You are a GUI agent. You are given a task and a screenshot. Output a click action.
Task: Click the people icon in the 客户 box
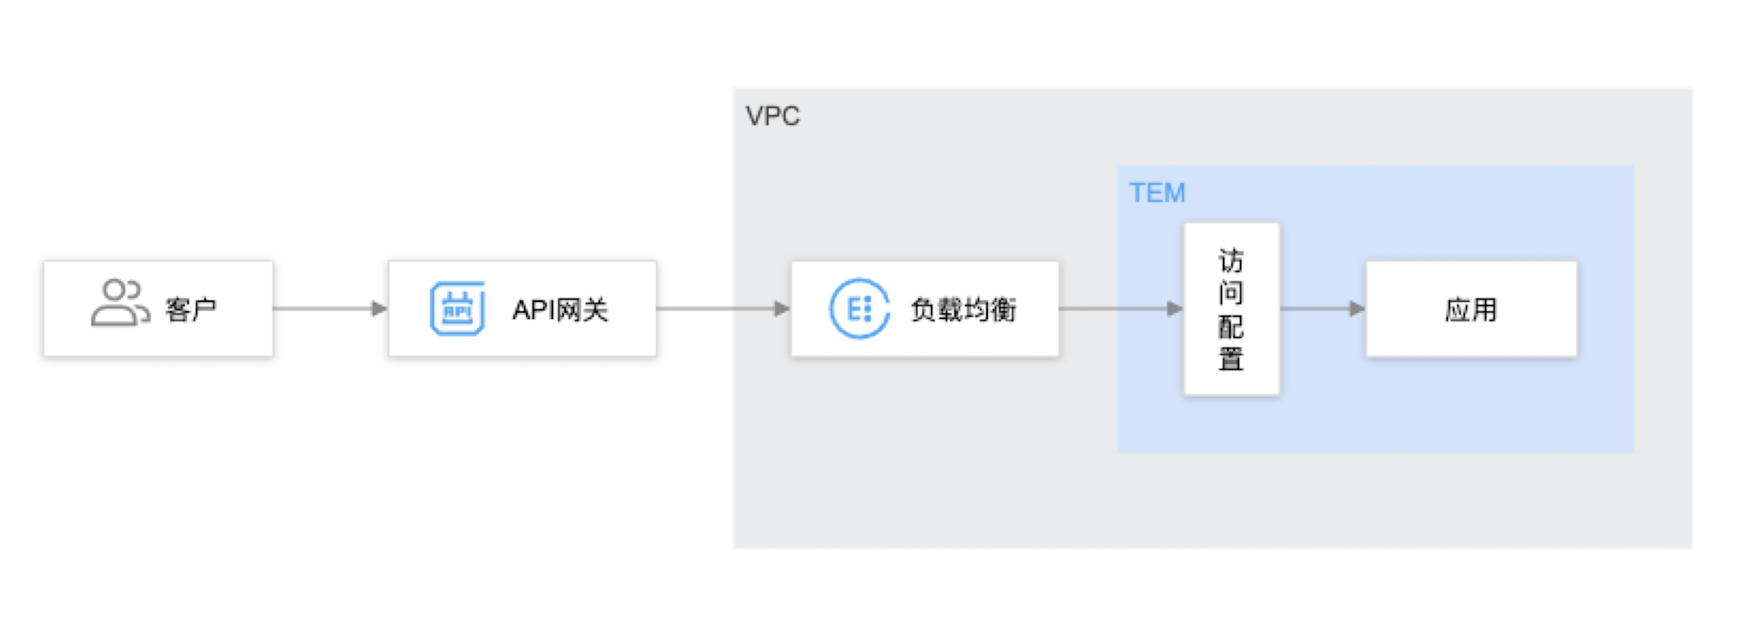[120, 303]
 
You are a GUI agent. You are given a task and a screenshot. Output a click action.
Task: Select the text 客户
[191, 310]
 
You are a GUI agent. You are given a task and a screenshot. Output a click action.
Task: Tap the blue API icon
[458, 308]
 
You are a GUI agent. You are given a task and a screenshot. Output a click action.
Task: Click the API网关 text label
[560, 310]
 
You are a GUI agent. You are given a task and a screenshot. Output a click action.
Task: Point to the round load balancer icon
[859, 308]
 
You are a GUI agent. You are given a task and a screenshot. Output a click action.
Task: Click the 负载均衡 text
[963, 310]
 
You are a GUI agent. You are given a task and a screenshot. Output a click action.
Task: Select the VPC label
[773, 116]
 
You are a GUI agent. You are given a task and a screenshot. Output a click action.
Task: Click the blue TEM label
[1157, 193]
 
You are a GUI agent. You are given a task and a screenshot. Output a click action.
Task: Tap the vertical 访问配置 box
[1232, 308]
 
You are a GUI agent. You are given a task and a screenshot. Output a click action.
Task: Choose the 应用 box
[1472, 308]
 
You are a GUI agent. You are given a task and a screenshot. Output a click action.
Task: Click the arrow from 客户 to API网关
[330, 308]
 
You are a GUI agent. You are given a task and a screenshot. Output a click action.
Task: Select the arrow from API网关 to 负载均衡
[724, 308]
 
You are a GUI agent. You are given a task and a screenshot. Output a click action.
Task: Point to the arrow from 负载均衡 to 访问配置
[1122, 308]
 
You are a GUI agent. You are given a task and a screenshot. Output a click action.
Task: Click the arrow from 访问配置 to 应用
[1323, 308]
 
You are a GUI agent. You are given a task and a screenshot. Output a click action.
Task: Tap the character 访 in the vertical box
[1231, 260]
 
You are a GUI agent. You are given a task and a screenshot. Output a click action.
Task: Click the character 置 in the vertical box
[1231, 359]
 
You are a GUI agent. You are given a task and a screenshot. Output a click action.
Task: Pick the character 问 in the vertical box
[1231, 293]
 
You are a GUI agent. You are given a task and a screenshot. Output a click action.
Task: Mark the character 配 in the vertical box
[1231, 326]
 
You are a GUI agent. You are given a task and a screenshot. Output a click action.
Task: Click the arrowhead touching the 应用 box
[1358, 308]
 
